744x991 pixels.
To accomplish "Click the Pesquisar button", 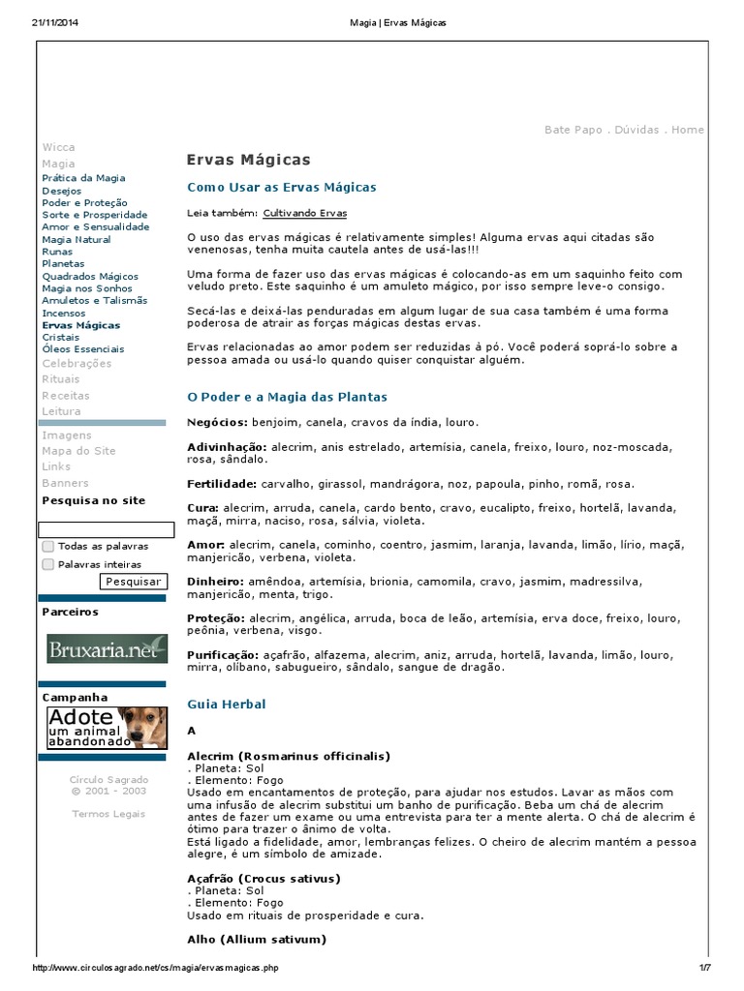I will [133, 582].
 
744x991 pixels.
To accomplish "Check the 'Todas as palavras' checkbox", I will [48, 547].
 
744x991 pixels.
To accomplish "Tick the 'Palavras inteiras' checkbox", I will [48, 564].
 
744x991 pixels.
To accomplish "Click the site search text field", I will [106, 529].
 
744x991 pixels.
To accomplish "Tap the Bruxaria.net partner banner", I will [107, 649].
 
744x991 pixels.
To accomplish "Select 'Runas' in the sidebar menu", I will [57, 252].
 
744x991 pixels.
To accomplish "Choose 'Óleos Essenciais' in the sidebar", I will [82, 349].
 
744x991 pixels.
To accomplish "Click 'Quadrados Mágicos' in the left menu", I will [90, 276].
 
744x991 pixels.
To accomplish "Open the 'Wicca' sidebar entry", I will [58, 147].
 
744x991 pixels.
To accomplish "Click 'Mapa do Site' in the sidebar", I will [78, 451].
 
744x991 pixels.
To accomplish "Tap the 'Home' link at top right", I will [688, 130].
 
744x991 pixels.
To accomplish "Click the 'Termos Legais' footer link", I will [108, 814].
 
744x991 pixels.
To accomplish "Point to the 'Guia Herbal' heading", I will [226, 705].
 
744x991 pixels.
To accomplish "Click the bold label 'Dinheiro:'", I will [216, 580].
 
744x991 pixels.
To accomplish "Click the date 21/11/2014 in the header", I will [54, 22].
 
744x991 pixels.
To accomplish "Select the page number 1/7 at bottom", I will [704, 968].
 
